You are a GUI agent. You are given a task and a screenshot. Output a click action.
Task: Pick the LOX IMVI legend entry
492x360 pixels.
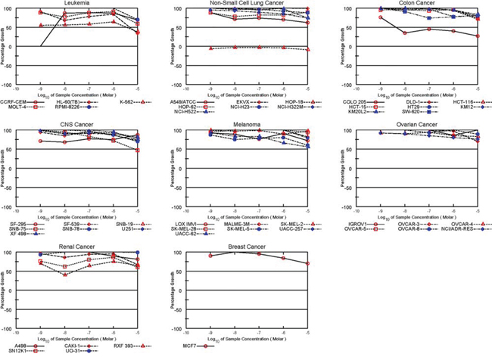tap(179, 223)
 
